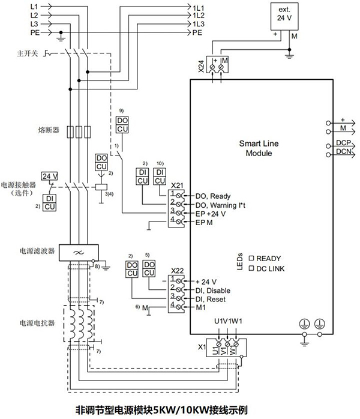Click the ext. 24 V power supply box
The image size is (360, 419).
click(284, 17)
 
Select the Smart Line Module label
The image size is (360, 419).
click(259, 148)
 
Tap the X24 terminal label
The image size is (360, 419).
click(201, 66)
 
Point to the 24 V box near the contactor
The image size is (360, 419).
click(50, 176)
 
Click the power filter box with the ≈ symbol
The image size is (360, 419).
click(79, 253)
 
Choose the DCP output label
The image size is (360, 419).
click(343, 143)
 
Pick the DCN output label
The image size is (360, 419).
click(343, 151)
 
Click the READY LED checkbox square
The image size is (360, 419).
click(251, 258)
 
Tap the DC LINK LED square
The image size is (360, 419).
click(251, 268)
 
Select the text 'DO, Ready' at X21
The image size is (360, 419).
click(213, 196)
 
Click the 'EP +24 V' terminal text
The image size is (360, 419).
click(211, 214)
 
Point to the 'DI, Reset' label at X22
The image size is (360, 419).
click(211, 300)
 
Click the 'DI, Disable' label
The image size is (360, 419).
click(213, 291)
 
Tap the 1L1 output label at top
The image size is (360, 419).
click(199, 8)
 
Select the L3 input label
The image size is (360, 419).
click(34, 24)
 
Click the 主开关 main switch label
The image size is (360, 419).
click(28, 53)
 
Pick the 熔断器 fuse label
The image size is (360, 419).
click(49, 130)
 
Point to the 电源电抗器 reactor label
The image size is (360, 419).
click(37, 323)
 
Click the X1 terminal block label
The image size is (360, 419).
click(202, 347)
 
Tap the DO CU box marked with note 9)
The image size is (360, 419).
click(122, 124)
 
